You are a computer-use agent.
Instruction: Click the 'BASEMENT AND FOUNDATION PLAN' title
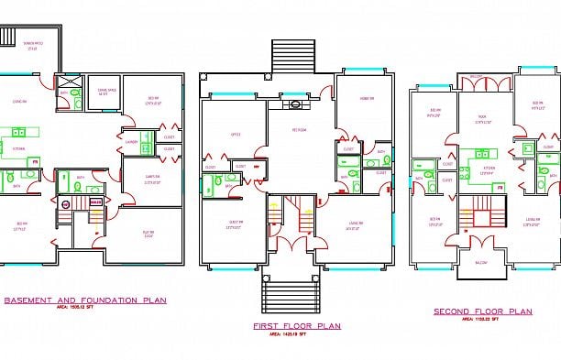pos(85,300)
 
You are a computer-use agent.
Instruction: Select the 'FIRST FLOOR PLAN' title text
pos(297,325)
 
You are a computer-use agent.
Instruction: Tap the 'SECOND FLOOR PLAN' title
pos(482,311)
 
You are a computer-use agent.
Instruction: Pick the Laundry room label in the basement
pos(132,141)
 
